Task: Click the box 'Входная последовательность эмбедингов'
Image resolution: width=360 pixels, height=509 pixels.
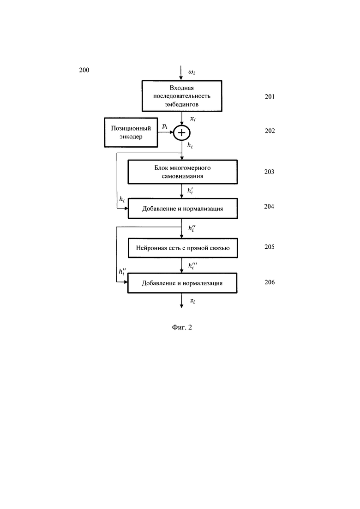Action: [182, 96]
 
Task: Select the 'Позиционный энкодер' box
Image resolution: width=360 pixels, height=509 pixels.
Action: [131, 132]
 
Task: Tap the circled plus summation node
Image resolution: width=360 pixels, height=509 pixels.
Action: [182, 133]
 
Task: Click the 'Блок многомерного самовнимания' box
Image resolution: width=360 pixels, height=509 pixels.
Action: [182, 172]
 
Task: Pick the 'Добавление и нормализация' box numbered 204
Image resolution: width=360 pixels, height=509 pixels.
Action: [182, 209]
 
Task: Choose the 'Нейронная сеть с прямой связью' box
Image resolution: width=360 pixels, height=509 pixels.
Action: [183, 248]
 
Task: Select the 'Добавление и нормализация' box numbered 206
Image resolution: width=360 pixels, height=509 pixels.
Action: [182, 283]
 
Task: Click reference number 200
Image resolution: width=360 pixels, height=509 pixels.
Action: [84, 70]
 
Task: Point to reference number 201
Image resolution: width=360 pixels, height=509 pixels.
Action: [270, 96]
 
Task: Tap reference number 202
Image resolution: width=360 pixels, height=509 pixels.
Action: [270, 131]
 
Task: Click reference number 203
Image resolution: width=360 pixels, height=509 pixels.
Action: [269, 172]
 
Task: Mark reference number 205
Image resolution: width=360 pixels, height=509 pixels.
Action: [270, 247]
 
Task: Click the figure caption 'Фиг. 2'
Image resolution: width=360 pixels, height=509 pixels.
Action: [182, 327]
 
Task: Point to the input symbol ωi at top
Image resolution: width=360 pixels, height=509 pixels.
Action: [192, 72]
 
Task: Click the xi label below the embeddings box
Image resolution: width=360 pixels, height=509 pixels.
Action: [193, 119]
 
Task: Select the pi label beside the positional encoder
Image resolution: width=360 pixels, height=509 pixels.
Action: [165, 126]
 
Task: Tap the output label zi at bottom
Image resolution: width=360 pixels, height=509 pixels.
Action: [192, 301]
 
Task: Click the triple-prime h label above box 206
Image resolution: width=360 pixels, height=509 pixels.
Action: [192, 265]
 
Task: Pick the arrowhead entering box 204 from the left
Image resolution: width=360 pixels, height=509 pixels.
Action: [126, 209]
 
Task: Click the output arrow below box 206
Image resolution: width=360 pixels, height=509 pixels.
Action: [181, 300]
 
